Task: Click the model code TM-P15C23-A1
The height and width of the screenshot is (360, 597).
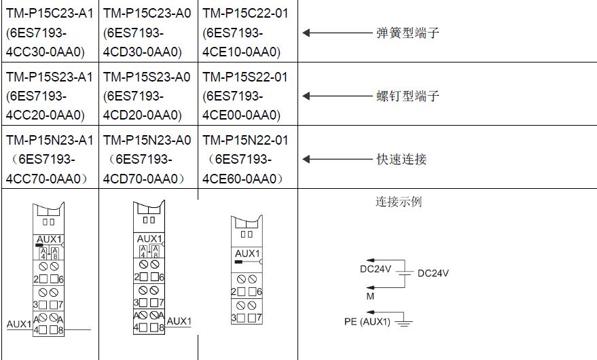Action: point(49,13)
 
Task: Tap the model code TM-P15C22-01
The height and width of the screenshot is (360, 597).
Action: point(245,13)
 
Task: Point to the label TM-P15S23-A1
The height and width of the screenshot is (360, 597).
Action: point(49,77)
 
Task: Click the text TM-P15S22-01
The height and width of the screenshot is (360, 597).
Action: point(245,77)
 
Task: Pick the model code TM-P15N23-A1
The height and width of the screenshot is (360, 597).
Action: point(49,141)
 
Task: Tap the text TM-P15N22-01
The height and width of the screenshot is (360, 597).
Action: point(245,141)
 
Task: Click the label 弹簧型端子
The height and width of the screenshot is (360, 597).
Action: point(408,33)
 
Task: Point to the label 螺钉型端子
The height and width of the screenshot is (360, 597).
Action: point(408,96)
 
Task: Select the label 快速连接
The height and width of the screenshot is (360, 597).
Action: point(401,160)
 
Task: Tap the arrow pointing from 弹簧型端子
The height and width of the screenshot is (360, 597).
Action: point(336,33)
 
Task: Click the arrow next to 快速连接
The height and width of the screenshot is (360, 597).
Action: point(336,160)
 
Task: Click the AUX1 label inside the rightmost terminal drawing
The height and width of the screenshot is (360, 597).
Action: point(247,253)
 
